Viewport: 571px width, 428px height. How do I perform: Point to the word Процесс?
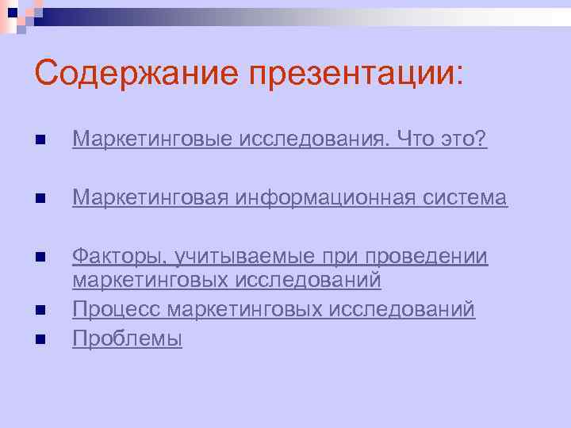[x=117, y=310]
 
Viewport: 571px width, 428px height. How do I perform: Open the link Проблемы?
[x=127, y=339]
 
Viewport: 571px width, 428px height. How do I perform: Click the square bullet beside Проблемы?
[x=40, y=340]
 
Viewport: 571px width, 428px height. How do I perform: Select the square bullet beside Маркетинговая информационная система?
[x=40, y=199]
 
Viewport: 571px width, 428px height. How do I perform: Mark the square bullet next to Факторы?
[x=40, y=258]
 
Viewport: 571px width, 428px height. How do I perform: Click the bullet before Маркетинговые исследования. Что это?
[x=40, y=140]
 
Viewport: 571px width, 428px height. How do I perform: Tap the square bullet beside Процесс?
[x=40, y=311]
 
